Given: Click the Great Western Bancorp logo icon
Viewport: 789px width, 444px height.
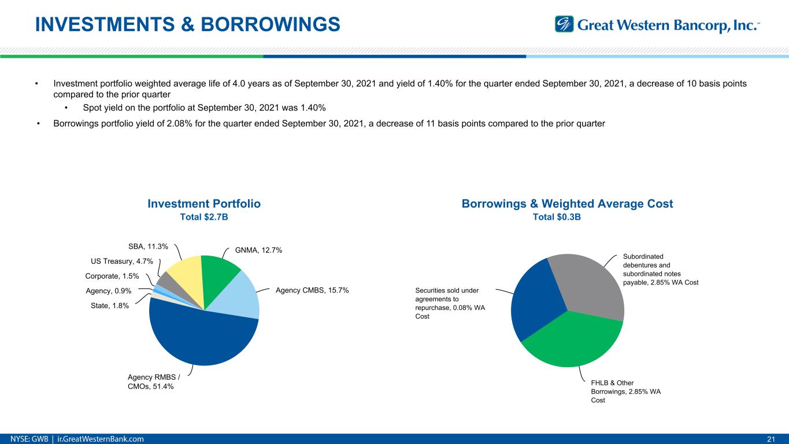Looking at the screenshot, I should [564, 24].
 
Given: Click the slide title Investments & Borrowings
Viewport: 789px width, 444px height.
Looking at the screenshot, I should [187, 24].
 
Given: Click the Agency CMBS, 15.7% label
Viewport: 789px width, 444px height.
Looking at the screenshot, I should [312, 290].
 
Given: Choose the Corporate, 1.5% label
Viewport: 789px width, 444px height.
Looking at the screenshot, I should [112, 276].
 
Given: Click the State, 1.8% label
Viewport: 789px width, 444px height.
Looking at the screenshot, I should [110, 306].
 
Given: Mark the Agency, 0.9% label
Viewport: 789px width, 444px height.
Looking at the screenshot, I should [108, 291].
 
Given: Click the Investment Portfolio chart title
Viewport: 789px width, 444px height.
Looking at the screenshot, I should [204, 203].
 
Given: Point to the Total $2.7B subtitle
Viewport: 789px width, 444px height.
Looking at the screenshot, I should [204, 217].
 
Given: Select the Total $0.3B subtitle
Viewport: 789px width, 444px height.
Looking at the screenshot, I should [566, 217].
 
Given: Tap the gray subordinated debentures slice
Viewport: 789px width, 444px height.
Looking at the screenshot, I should [590, 283].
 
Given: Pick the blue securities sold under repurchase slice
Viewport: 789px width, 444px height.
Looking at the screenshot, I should [535, 301].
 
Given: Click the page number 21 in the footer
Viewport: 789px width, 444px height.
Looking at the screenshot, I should [770, 439].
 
